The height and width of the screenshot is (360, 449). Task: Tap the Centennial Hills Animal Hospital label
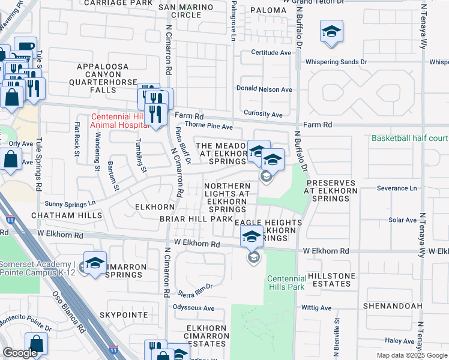click(119, 121)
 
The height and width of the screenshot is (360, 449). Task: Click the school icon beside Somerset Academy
click(94, 264)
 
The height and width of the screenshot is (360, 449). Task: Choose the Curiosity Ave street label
click(263, 114)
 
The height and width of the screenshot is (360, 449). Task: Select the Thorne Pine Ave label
click(208, 127)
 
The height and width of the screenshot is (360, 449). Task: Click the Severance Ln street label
click(396, 188)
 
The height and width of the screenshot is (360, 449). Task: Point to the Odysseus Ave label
click(193, 308)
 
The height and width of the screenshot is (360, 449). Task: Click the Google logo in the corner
click(20, 353)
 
